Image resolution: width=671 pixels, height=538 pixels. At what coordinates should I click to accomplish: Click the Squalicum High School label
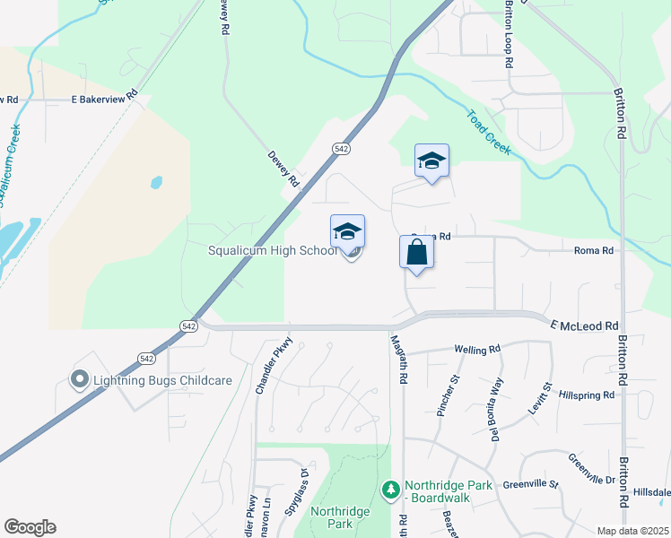point(273,251)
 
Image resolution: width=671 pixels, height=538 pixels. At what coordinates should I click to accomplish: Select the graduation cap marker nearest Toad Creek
point(431,161)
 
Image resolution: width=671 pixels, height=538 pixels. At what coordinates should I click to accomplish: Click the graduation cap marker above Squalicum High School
point(348,232)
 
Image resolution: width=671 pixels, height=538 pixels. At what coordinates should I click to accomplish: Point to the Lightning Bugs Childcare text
point(163,380)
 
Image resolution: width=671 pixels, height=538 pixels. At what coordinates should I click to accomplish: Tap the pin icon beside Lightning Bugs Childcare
point(79,380)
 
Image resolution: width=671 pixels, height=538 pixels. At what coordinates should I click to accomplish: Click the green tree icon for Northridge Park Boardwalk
point(390,489)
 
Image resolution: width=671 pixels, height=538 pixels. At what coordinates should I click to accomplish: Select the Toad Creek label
point(488,132)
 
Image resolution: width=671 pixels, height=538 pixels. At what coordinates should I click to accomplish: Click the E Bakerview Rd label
point(105,98)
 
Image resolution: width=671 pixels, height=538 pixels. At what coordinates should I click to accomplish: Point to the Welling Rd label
point(476,350)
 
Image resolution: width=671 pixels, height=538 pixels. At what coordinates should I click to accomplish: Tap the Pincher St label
point(445,398)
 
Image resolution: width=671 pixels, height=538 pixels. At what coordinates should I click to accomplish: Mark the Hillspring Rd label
point(586,394)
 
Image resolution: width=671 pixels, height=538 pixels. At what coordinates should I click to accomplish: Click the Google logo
point(30,527)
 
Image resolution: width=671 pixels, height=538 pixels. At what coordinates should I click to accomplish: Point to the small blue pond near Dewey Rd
point(157,182)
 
